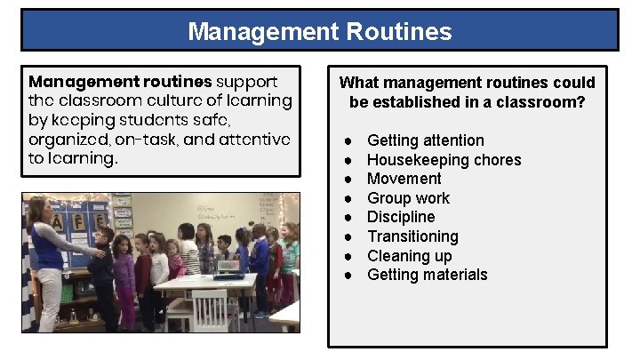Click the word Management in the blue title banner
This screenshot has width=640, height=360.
(260, 33)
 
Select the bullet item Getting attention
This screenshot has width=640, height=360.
(425, 140)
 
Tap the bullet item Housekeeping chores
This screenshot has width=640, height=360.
(444, 160)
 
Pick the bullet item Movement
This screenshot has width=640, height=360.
(404, 179)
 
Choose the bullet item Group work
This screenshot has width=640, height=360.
(408, 198)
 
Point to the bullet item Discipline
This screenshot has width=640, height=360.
(401, 217)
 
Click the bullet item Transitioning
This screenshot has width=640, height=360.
(412, 236)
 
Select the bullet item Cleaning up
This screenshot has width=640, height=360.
(409, 256)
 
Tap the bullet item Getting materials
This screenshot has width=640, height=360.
(427, 275)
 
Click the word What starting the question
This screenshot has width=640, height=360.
(358, 83)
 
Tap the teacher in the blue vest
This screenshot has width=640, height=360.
(47, 258)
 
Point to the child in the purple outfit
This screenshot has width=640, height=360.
(124, 276)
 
